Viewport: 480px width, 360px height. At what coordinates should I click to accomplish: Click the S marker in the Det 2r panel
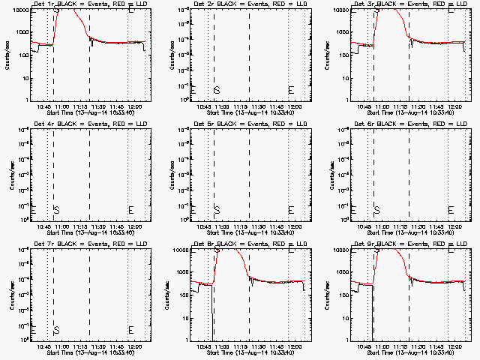[217, 90]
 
